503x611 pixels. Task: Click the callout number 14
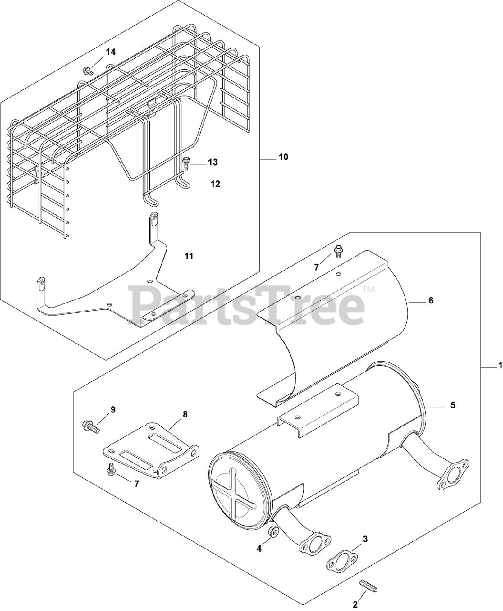[x=111, y=52]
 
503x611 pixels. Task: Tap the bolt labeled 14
[x=88, y=71]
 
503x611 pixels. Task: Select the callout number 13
[x=213, y=162]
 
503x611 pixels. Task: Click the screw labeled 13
[x=186, y=163]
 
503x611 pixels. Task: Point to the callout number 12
[x=216, y=184]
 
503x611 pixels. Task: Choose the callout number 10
[x=283, y=157]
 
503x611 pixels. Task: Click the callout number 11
[x=189, y=256]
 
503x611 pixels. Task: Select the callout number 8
[x=185, y=414]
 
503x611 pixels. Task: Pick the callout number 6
[x=431, y=301]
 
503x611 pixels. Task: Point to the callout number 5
[x=452, y=405]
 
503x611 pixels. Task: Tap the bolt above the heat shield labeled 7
[x=338, y=249]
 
